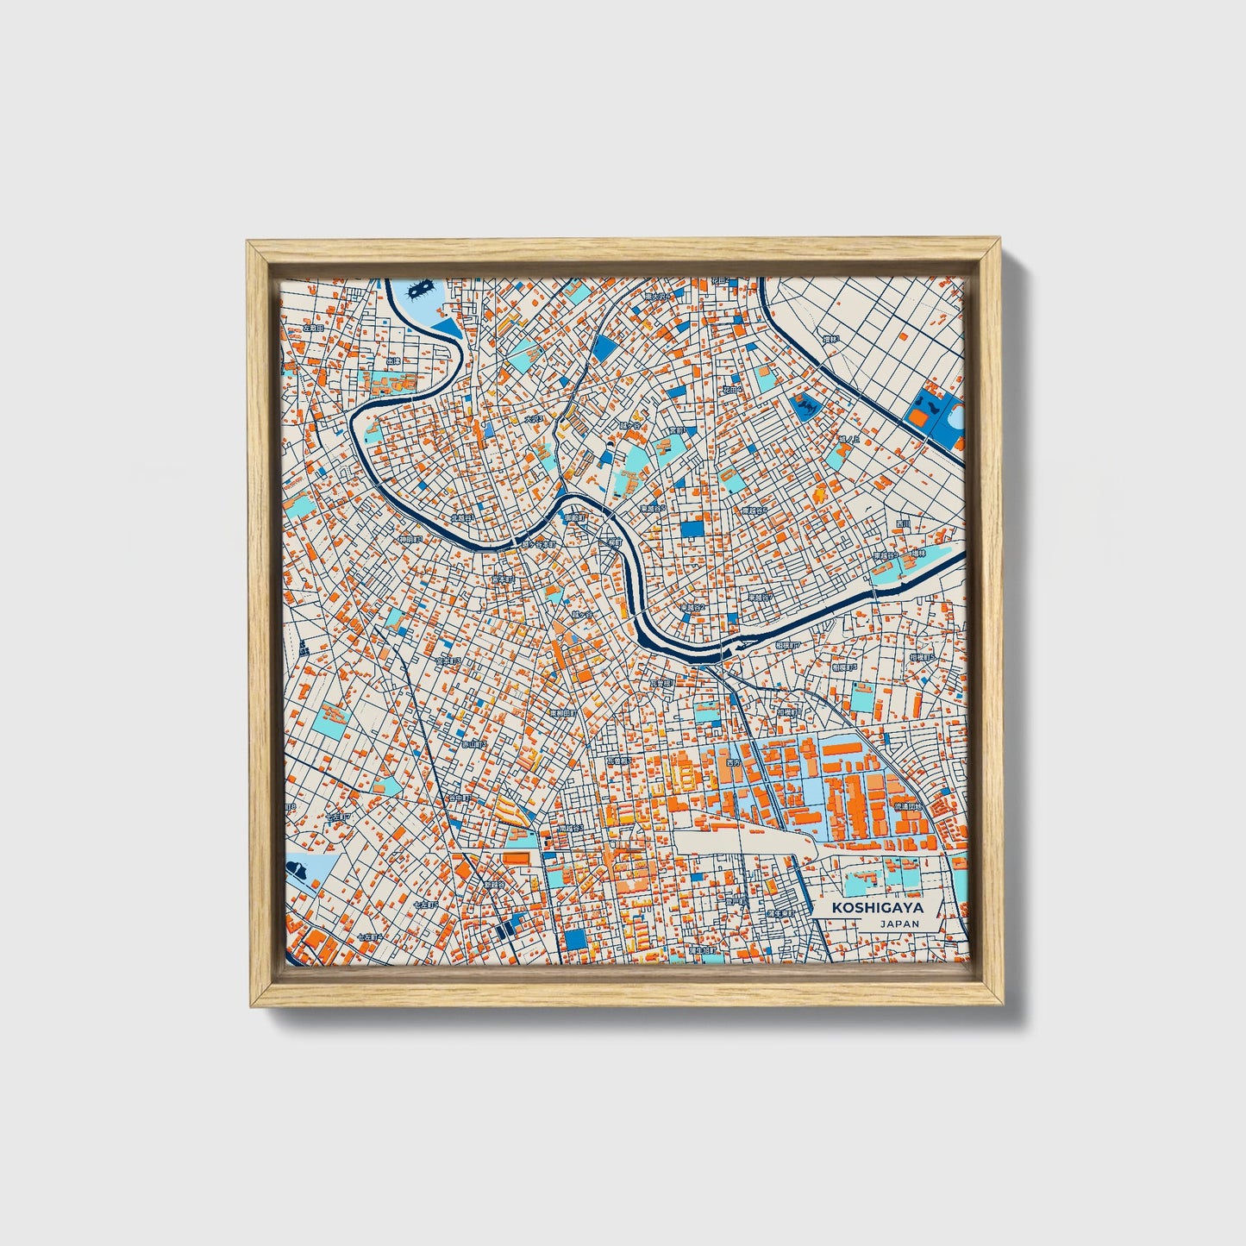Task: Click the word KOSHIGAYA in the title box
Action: pos(877,908)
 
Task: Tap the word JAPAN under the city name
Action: pos(899,924)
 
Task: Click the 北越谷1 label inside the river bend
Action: pos(462,518)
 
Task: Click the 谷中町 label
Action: pos(459,798)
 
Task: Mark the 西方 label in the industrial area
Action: pos(734,763)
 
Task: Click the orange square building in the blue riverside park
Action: pos(919,418)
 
